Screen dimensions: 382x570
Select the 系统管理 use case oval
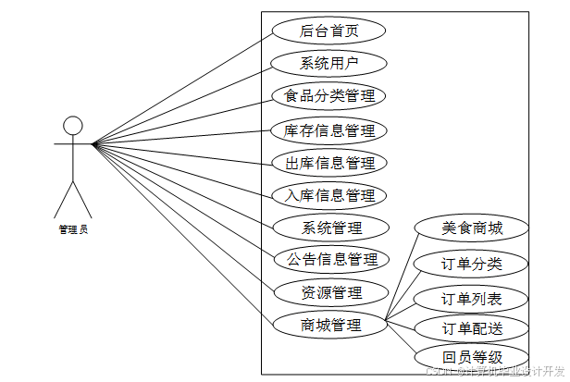tap(329, 228)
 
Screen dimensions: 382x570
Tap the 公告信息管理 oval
tap(329, 260)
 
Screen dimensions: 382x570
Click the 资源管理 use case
tap(329, 292)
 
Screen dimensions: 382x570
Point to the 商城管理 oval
tap(329, 325)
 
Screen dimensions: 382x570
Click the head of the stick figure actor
tap(72, 125)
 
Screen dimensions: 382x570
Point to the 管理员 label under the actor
tap(72, 229)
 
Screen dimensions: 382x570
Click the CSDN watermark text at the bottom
tap(495, 372)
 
